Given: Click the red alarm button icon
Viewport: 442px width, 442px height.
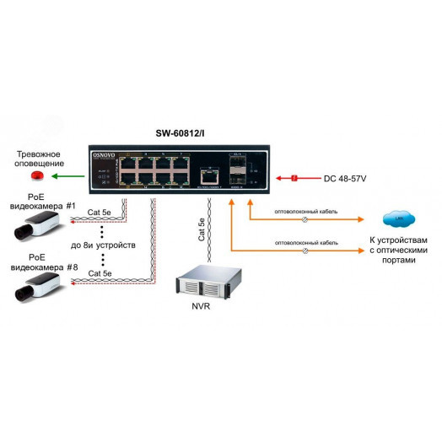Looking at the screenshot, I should point(36,175).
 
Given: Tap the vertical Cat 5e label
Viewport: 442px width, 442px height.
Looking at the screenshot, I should point(201,229).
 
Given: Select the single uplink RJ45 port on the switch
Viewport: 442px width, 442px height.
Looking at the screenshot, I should point(207,175).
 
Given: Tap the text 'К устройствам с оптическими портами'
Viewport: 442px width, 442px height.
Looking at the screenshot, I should point(392,251).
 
